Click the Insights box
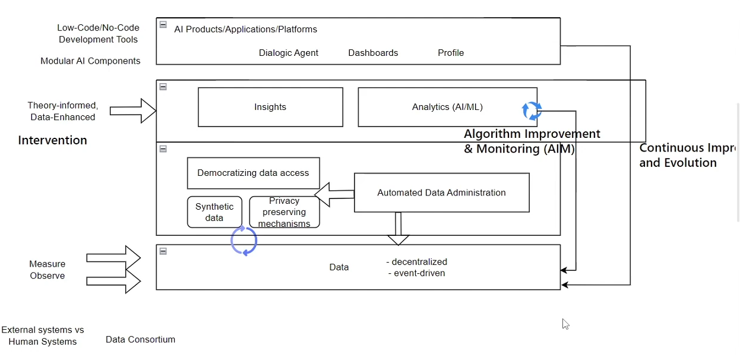coord(270,107)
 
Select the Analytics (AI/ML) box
coord(447,107)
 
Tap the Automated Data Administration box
coord(441,192)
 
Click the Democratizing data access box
coord(253,173)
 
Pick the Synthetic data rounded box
coord(214,212)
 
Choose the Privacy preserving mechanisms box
coord(284,212)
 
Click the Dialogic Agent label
coord(289,53)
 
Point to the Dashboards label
coord(373,53)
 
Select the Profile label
coord(451,53)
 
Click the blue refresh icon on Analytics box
coord(532,110)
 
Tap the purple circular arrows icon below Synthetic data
coord(243,241)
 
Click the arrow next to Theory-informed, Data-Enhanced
coord(132,111)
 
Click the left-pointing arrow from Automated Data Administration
coord(333,195)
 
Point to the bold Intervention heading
coord(52,140)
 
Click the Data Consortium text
coord(140,340)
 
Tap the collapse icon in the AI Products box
coord(163,25)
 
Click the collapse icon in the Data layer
coord(163,251)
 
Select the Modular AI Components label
coord(90,61)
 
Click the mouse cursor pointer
coord(565,324)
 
